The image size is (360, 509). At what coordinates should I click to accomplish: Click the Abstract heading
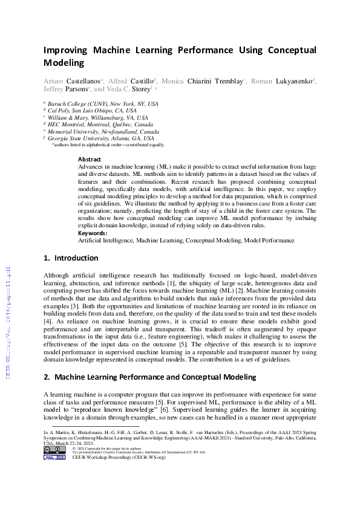click(x=90, y=160)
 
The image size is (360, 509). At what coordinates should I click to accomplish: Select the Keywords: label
click(x=93, y=233)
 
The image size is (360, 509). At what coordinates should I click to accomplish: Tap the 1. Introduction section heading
click(x=71, y=258)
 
